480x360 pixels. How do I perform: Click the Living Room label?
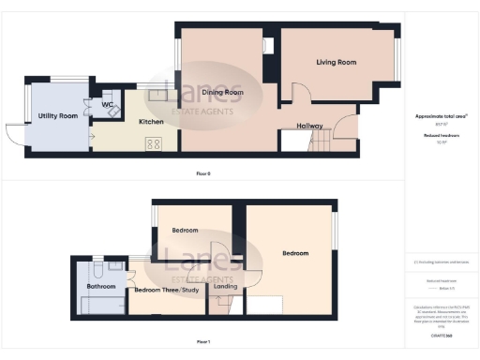[x=336, y=63]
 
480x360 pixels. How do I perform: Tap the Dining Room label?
[x=223, y=93]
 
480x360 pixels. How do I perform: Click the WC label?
[x=109, y=104]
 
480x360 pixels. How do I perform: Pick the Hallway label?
[x=309, y=125]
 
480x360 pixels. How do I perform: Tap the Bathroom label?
[x=100, y=286]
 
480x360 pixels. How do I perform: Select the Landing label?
[x=226, y=286]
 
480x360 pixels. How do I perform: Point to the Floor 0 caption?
[x=203, y=174]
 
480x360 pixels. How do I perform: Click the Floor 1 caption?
[x=203, y=342]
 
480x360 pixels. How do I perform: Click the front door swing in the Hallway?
[x=347, y=126]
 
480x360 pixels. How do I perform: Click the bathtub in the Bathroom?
[x=102, y=306]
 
